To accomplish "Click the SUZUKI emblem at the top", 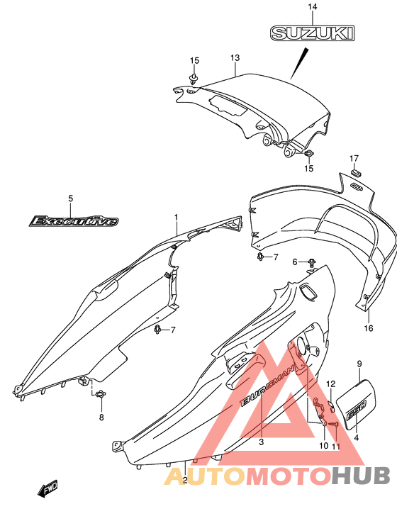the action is (x=312, y=33).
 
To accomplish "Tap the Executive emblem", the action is (x=74, y=221).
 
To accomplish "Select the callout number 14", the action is (x=313, y=6).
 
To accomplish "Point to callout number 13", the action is (x=235, y=58).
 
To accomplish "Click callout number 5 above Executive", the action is (x=70, y=198).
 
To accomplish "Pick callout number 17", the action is (x=354, y=158).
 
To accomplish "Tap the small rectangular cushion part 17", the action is (x=356, y=173).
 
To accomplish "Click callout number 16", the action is (x=369, y=328).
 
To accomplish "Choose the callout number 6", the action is (x=295, y=262).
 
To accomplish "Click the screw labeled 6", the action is (x=312, y=263).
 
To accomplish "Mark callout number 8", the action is (x=101, y=417).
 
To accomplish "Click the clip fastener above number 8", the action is (x=101, y=394).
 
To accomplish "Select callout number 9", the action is (x=359, y=364).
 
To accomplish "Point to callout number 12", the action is (x=331, y=384).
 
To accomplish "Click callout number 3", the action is (x=262, y=442).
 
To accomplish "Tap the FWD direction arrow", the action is (x=47, y=488).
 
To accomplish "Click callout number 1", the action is (x=177, y=218).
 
